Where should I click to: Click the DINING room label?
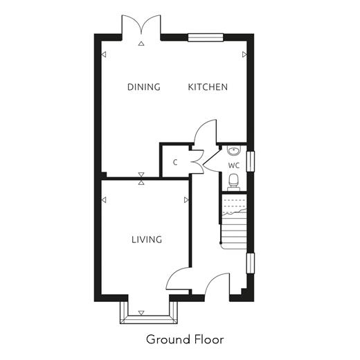[x=144, y=87]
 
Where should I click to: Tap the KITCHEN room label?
[x=208, y=87]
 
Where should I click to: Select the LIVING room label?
[x=147, y=240]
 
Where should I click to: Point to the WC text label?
[x=234, y=165]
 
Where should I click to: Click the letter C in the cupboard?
[x=175, y=163]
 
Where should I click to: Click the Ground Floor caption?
[x=185, y=339]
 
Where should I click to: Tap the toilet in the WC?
[x=233, y=182]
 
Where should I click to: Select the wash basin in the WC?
[x=234, y=150]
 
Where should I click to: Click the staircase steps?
[x=233, y=222]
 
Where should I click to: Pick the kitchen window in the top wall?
[x=206, y=37]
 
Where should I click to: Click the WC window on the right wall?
[x=251, y=161]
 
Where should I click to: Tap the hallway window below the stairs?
[x=251, y=263]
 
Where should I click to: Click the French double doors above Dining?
[x=141, y=26]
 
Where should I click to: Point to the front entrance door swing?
[x=217, y=284]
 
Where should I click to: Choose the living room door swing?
[x=179, y=279]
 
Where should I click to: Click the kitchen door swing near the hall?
[x=205, y=132]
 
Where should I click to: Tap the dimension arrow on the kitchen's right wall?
[x=244, y=55]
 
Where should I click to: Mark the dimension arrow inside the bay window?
[x=141, y=313]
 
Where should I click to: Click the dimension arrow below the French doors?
[x=141, y=44]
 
